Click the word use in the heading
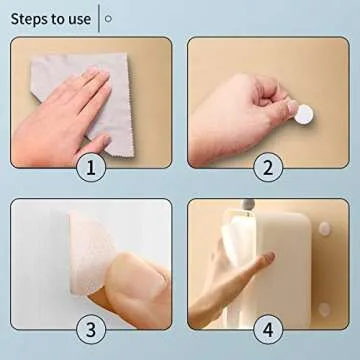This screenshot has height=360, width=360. point(78,17)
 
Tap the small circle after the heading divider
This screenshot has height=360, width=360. point(109,17)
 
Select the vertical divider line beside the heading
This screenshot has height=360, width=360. point(97,17)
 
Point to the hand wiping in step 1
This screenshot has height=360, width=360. point(70,100)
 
